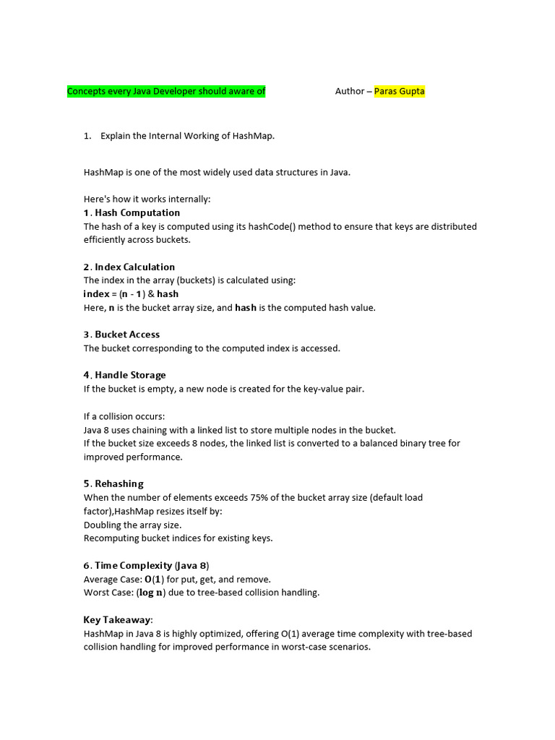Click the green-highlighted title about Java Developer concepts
[x=166, y=91]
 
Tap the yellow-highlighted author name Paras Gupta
[x=400, y=91]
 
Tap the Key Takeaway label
[x=117, y=619]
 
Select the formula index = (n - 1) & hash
[x=131, y=294]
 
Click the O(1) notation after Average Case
[x=152, y=579]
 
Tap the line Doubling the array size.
[x=132, y=525]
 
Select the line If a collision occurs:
[x=124, y=416]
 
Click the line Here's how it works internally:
[x=147, y=199]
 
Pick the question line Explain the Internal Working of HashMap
[x=187, y=136]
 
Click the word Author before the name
[x=350, y=91]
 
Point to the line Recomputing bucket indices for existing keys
[x=178, y=538]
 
